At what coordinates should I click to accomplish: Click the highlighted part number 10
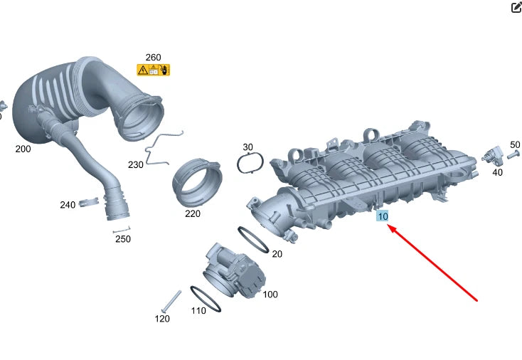pyautogui.click(x=383, y=216)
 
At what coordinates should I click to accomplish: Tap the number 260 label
pyautogui.click(x=153, y=58)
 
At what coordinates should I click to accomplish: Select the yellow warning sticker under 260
pyautogui.click(x=153, y=70)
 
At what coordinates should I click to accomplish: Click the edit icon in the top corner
pyautogui.click(x=516, y=8)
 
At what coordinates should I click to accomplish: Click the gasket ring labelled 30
pyautogui.click(x=250, y=164)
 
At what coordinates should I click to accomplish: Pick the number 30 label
pyautogui.click(x=247, y=147)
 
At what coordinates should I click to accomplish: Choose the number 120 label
pyautogui.click(x=162, y=319)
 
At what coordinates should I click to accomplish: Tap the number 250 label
pyautogui.click(x=123, y=239)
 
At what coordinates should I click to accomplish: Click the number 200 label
pyautogui.click(x=23, y=149)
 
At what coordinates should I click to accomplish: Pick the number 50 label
pyautogui.click(x=515, y=144)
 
